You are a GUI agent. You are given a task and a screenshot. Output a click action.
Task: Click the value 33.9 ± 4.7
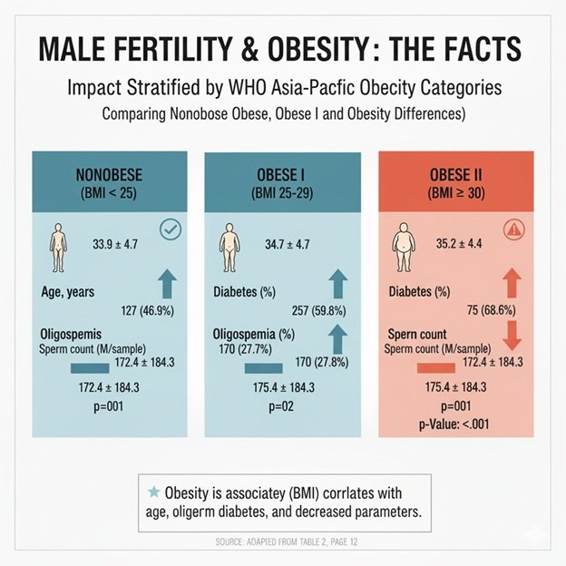(114, 245)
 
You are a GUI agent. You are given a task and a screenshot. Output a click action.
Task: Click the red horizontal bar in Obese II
(435, 367)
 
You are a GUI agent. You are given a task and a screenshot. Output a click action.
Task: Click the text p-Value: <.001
(460, 424)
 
